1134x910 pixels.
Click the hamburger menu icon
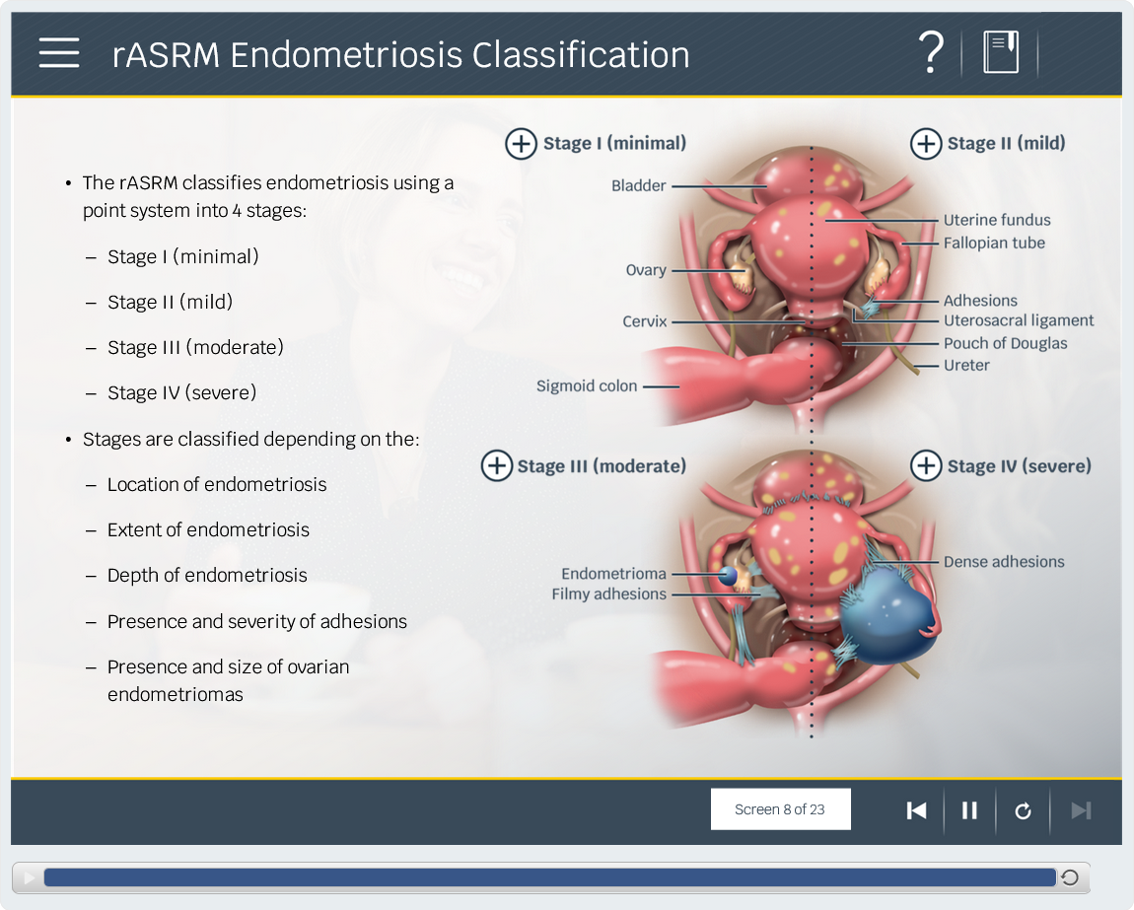pyautogui.click(x=59, y=53)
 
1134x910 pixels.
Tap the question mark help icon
pyautogui.click(x=931, y=52)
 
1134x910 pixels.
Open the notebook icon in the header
pyautogui.click(x=1001, y=52)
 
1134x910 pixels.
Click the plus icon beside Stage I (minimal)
pyautogui.click(x=521, y=143)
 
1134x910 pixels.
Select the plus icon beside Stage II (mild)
pyautogui.click(x=926, y=143)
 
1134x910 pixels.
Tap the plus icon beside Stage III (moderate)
pyautogui.click(x=497, y=465)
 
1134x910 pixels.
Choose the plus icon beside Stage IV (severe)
pyautogui.click(x=926, y=465)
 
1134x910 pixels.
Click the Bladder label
pyautogui.click(x=639, y=186)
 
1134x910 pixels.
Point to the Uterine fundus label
pyautogui.click(x=997, y=220)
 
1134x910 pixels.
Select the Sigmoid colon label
pyautogui.click(x=587, y=386)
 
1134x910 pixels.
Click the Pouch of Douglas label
pyautogui.click(x=1005, y=343)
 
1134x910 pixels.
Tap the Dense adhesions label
pyautogui.click(x=1004, y=561)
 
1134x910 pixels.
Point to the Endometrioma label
pyautogui.click(x=614, y=574)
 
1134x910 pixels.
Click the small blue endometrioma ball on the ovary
pyautogui.click(x=728, y=576)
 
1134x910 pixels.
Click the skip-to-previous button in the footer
pyautogui.click(x=916, y=810)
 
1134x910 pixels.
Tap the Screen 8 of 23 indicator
pyautogui.click(x=780, y=808)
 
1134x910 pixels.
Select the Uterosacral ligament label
pyautogui.click(x=1019, y=320)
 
